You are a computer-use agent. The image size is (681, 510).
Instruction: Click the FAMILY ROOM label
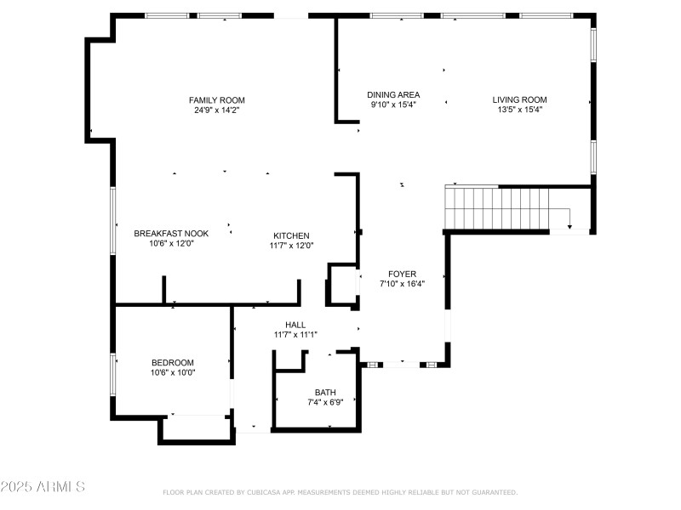click(216, 100)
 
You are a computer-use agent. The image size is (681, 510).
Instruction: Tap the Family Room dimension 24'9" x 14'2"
click(216, 110)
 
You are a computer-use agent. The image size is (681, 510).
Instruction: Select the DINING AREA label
click(393, 95)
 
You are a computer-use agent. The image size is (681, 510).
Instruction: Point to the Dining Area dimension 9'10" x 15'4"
click(393, 105)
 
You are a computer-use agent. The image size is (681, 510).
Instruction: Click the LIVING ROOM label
click(519, 99)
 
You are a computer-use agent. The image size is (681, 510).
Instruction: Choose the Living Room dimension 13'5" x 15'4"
click(519, 109)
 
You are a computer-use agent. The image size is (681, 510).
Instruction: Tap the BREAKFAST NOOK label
click(171, 233)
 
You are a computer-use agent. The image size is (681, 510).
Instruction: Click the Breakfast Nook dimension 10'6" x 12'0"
click(171, 243)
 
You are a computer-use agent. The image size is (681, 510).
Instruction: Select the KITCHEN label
click(291, 235)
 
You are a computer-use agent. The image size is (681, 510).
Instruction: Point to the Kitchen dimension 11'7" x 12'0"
click(291, 246)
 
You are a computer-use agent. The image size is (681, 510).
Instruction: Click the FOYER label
click(402, 274)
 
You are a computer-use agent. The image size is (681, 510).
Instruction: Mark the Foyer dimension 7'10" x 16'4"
click(402, 284)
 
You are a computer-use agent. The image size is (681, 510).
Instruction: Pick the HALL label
click(295, 325)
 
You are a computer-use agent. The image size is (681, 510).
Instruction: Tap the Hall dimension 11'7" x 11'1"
click(295, 335)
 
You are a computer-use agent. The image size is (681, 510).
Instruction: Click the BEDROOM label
click(173, 362)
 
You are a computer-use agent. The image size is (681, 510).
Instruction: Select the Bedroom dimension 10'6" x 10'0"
click(173, 372)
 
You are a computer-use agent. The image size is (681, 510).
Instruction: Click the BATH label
click(325, 392)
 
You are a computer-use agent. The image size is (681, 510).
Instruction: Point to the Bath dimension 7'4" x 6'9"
click(325, 402)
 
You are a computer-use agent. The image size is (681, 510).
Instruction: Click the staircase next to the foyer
click(498, 209)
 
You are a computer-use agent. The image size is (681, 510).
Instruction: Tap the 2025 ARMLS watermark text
click(43, 487)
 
